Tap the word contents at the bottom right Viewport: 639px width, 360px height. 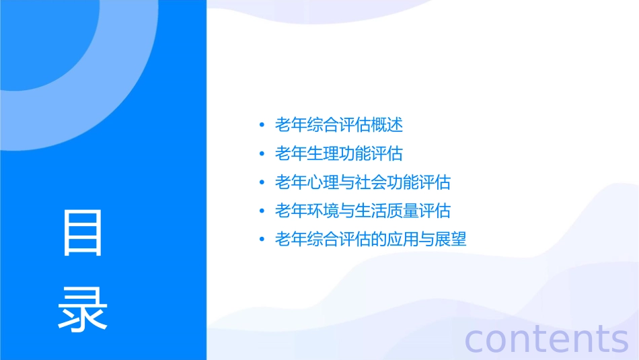[x=546, y=338]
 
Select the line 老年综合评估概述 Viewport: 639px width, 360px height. [x=339, y=125]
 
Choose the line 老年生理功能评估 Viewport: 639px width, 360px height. [x=339, y=153]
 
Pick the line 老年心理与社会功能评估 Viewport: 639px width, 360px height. [x=363, y=182]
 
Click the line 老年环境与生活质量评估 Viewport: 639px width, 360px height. [x=363, y=211]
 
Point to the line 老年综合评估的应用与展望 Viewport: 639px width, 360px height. [x=371, y=240]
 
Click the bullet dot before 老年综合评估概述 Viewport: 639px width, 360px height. [x=262, y=125]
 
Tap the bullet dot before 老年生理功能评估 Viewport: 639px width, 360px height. [x=262, y=154]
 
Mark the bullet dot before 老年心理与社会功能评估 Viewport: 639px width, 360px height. [x=262, y=182]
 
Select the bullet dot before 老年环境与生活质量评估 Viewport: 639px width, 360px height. [x=262, y=211]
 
